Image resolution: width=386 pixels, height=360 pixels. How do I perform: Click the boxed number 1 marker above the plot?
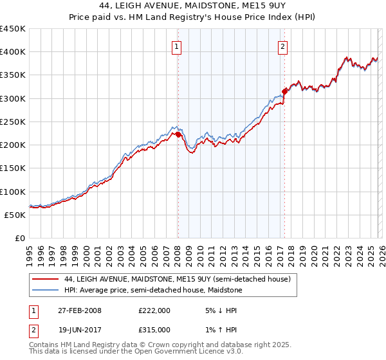tap(176, 46)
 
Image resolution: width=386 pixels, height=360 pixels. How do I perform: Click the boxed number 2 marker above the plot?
tap(282, 46)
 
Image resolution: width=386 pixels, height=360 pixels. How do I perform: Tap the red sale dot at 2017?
tap(284, 91)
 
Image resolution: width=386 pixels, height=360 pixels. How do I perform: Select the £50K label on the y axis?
tap(15, 215)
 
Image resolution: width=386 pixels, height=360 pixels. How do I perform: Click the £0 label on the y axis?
tap(19, 238)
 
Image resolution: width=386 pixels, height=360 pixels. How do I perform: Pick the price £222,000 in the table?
tap(154, 310)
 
